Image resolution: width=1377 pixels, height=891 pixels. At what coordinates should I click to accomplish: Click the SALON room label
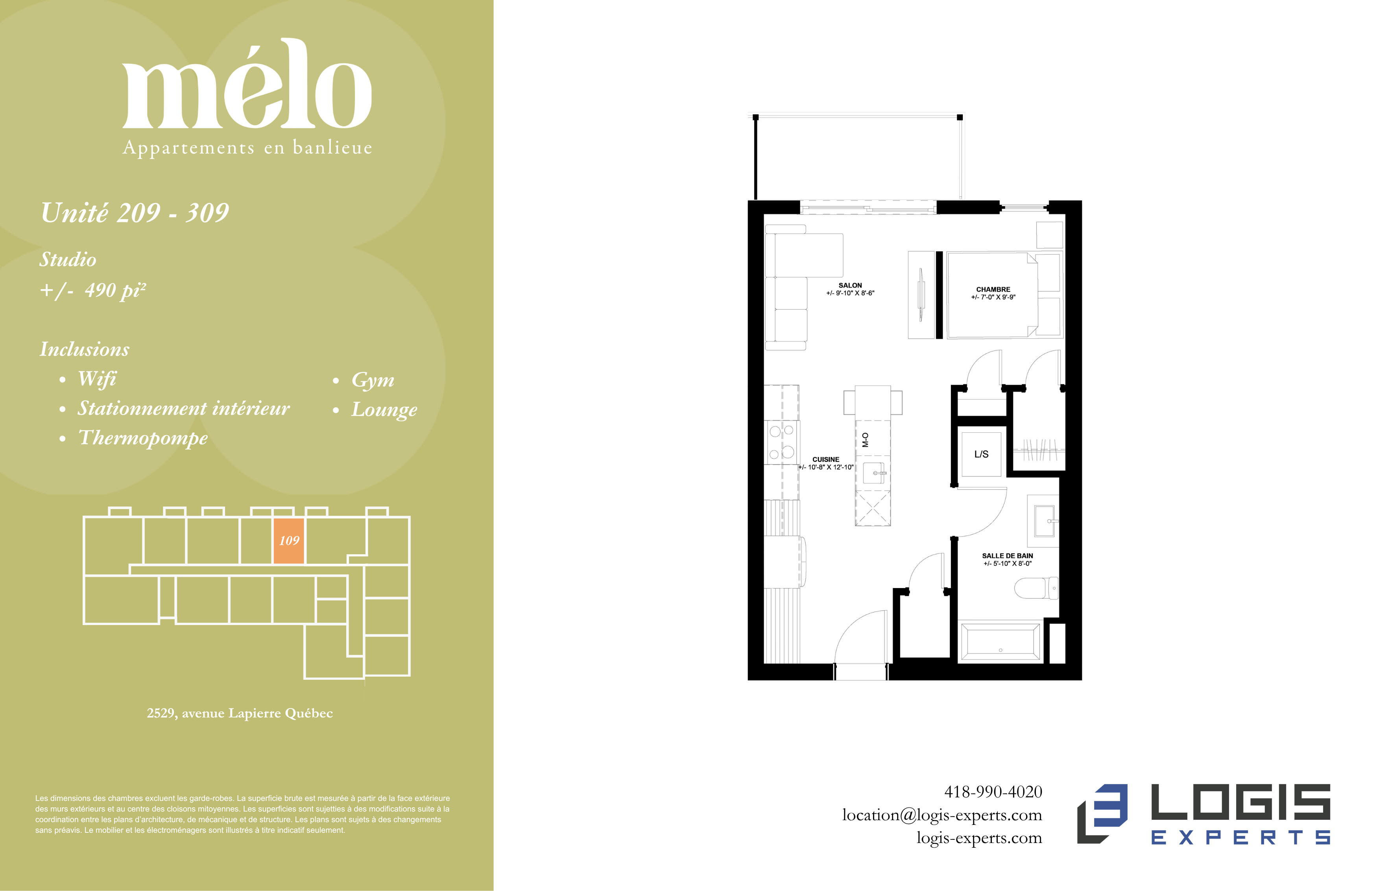(x=850, y=285)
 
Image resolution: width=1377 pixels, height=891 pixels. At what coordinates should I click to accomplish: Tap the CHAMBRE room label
(x=993, y=289)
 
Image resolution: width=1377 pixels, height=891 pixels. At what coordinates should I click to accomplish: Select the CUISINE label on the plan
(x=826, y=459)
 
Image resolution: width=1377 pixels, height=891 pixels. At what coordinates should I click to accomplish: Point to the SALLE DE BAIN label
(x=1007, y=555)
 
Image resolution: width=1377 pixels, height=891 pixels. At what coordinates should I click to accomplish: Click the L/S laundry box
(x=981, y=454)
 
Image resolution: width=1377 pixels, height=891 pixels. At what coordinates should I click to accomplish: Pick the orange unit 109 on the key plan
(x=289, y=541)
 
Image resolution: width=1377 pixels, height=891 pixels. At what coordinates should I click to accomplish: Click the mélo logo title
(x=247, y=84)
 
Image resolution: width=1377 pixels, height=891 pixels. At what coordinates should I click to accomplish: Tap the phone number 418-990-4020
(x=993, y=791)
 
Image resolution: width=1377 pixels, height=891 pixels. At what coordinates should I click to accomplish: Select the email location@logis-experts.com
(x=942, y=815)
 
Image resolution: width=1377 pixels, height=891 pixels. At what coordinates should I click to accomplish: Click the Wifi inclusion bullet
(x=97, y=378)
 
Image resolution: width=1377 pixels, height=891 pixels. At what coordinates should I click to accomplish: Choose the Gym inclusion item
(x=373, y=380)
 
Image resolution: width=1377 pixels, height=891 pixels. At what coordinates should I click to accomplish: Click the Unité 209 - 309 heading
(x=135, y=212)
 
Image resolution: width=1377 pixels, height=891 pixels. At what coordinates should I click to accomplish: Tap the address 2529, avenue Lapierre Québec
(x=240, y=713)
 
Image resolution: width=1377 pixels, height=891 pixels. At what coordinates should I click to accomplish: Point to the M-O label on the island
(x=865, y=440)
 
